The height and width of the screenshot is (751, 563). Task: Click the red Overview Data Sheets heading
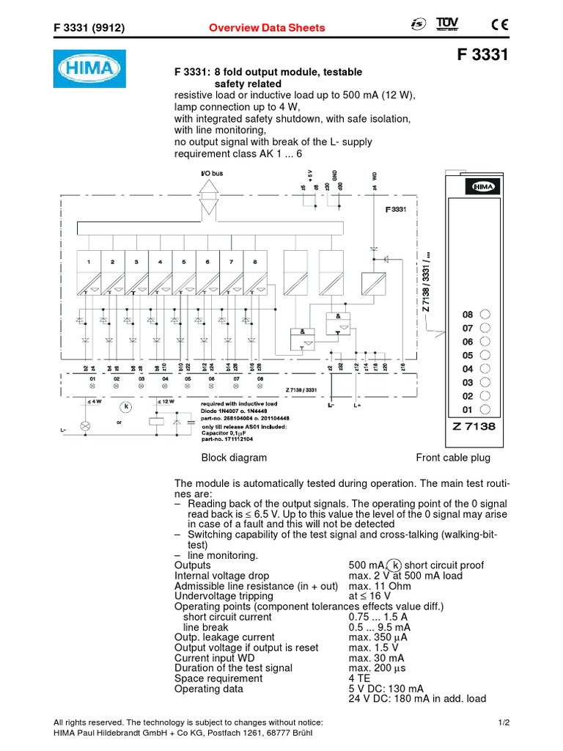(x=267, y=28)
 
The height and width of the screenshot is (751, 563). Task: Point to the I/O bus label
(x=212, y=174)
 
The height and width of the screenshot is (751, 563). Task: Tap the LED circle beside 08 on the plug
(x=484, y=313)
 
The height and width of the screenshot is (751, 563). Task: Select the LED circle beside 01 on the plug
(x=484, y=409)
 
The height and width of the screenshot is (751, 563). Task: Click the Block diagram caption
(x=234, y=458)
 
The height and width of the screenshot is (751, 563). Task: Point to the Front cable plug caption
(x=452, y=458)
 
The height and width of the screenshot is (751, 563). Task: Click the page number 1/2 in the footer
(x=503, y=722)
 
